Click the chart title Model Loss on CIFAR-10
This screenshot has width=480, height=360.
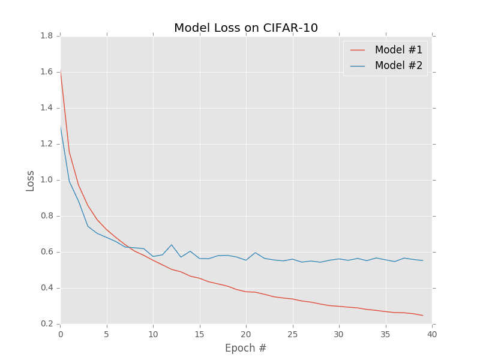click(x=246, y=28)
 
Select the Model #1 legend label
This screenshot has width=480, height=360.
click(x=398, y=50)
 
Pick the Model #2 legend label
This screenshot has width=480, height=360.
click(x=398, y=65)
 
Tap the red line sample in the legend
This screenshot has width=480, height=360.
click(x=358, y=50)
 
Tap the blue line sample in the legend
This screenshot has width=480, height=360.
click(x=358, y=65)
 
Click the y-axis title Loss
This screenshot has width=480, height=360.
click(x=30, y=180)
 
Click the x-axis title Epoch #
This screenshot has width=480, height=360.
click(x=246, y=348)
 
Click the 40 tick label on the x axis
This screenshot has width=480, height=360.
click(x=432, y=334)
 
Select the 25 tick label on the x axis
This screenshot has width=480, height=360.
click(x=293, y=334)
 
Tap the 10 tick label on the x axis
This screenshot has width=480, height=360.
click(x=153, y=334)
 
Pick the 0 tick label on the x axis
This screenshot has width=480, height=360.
click(x=61, y=334)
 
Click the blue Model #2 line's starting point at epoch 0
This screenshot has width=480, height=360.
click(x=61, y=127)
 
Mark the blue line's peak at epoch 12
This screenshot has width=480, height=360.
click(x=172, y=245)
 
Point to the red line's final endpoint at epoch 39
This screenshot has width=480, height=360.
click(x=422, y=316)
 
